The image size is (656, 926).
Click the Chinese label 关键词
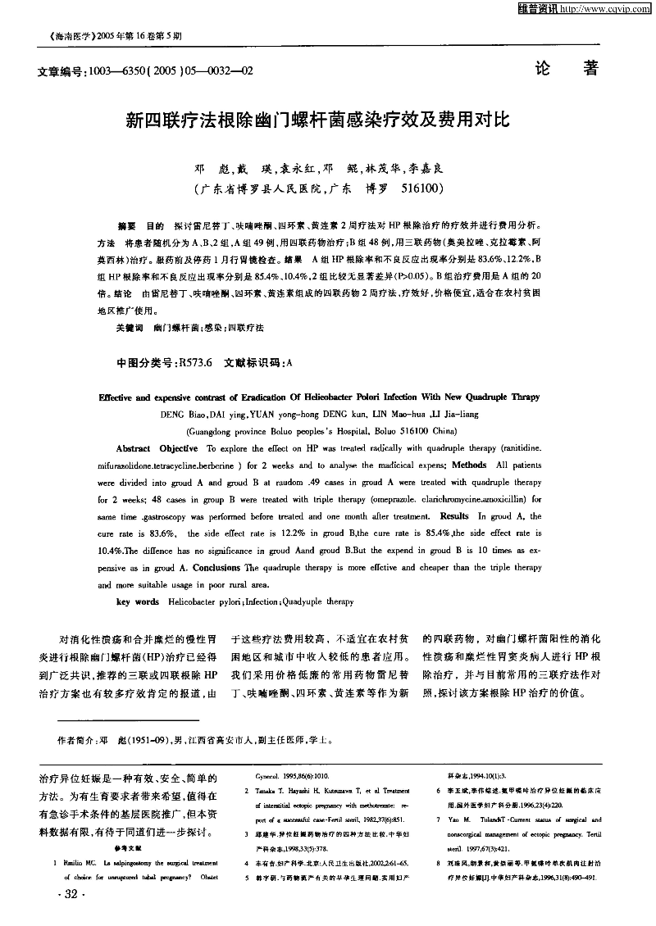coord(127,328)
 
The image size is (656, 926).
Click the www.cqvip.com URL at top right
coord(608,9)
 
